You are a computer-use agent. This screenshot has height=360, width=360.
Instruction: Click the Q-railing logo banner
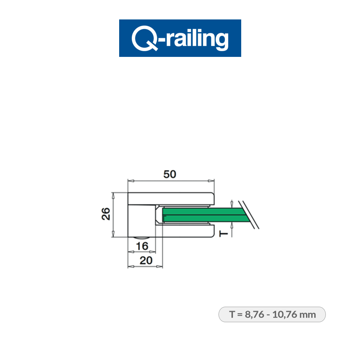pos(180,38)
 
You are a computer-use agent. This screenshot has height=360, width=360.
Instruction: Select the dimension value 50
pos(170,174)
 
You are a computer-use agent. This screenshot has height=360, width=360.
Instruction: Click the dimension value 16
pos(143,246)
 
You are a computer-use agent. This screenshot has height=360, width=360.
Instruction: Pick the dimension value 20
pos(145,261)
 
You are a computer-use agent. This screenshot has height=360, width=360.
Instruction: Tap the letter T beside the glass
pos(224,234)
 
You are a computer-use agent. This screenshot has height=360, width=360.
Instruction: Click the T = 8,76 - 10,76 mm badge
pos(272,314)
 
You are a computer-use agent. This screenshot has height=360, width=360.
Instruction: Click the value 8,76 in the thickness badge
pos(254,314)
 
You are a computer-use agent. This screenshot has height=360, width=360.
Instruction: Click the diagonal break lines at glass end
pos(251,215)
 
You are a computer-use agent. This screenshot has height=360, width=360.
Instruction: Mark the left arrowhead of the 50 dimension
pos(130,181)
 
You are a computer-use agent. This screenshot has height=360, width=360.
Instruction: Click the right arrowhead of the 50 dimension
pos(212,181)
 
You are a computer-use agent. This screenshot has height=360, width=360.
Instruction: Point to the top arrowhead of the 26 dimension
pos(113,195)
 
